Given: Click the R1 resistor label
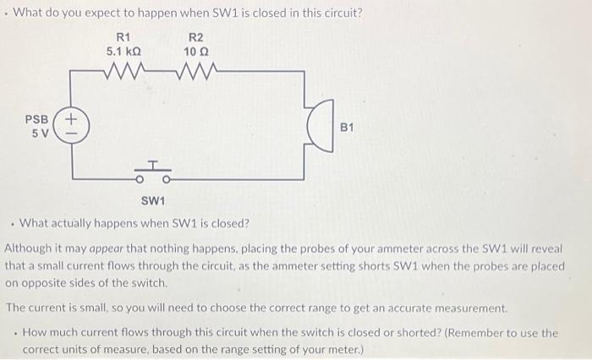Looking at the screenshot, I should tap(123, 36).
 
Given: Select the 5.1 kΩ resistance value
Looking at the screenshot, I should tap(123, 52).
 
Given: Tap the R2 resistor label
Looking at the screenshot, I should tap(195, 36).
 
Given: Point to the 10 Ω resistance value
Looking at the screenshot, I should tap(195, 52).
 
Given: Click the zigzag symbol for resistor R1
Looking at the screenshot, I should tap(123, 71).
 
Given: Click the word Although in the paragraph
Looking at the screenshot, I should tap(30, 250).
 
